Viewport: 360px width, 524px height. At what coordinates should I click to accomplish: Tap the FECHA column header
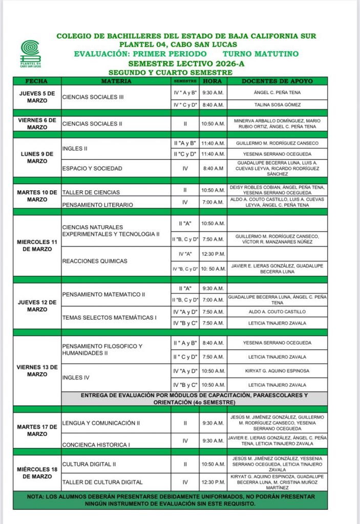tap(36, 81)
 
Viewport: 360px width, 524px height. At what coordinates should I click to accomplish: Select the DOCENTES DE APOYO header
tap(277, 81)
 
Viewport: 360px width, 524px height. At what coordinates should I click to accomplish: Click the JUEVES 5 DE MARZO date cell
tap(37, 97)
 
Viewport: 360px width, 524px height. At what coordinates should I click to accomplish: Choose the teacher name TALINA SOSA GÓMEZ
tap(277, 104)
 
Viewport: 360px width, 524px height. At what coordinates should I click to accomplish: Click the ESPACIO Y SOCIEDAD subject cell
tap(92, 168)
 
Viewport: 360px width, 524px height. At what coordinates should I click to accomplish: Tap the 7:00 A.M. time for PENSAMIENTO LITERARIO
tap(213, 204)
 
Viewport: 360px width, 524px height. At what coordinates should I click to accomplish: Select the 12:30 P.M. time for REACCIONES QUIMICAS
tap(213, 254)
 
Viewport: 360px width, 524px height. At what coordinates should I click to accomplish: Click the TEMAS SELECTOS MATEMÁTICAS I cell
tap(110, 317)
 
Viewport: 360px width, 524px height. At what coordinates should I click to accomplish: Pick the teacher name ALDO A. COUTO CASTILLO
tap(277, 311)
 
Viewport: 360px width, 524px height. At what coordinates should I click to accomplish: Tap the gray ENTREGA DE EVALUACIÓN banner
tap(194, 399)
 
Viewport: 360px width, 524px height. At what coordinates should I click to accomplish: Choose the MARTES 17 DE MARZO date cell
tap(37, 430)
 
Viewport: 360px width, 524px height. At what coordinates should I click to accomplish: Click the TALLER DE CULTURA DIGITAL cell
tap(102, 482)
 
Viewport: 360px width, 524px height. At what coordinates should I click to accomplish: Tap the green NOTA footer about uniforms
tap(170, 500)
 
